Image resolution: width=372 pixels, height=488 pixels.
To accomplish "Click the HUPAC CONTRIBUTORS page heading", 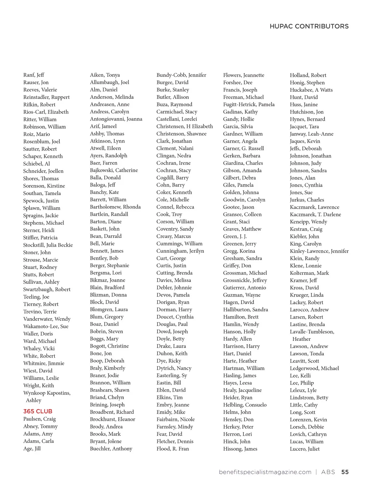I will pyautogui.click(x=309, y=26).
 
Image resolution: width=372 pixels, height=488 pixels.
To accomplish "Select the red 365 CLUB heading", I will pyautogui.click(x=38, y=411).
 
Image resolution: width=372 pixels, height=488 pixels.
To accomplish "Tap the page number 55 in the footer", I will pyautogui.click(x=345, y=472).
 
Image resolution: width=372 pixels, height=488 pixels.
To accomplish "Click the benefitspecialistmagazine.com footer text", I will pyautogui.click(x=265, y=472).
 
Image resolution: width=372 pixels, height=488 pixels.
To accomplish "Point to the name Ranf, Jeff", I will pyautogui.click(x=34, y=75).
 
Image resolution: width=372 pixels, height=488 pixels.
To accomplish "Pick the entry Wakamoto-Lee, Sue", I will pyautogui.click(x=46, y=326).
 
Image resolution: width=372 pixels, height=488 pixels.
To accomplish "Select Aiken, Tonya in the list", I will pyautogui.click(x=105, y=75).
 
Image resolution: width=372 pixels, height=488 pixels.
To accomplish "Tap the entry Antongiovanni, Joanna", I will pyautogui.click(x=116, y=119).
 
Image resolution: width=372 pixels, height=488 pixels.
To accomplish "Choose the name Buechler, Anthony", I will pyautogui.click(x=111, y=449).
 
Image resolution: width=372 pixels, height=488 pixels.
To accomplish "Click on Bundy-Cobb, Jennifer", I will pyautogui.click(x=181, y=75).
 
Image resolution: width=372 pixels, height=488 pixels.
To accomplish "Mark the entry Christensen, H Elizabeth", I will pyautogui.click(x=185, y=126).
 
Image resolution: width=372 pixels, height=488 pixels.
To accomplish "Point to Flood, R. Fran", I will pyautogui.click(x=173, y=449).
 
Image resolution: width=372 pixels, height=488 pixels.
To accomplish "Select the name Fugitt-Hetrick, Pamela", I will pyautogui.click(x=249, y=104).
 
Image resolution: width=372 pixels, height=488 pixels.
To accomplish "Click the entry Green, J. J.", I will pyautogui.click(x=235, y=236).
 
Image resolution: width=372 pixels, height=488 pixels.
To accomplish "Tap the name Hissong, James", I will pyautogui.click(x=240, y=449).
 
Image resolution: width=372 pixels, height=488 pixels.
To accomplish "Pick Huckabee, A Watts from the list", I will pyautogui.click(x=311, y=90).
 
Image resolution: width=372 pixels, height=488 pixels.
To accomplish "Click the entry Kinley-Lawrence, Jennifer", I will pyautogui.click(x=319, y=251).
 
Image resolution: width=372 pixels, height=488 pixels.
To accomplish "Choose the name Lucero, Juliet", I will pyautogui.click(x=305, y=449).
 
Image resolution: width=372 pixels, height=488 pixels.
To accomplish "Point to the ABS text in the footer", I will pyautogui.click(x=328, y=472).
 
